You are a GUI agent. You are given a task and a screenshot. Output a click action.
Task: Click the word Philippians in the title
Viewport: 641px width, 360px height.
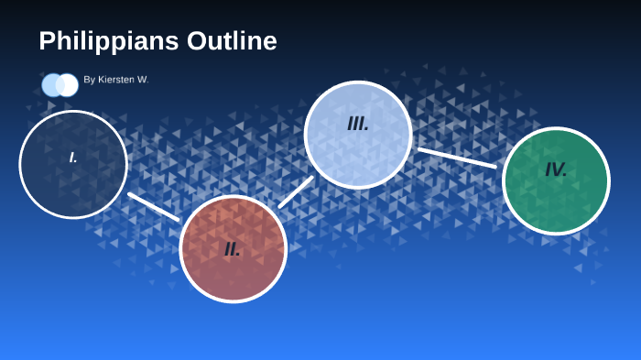(x=109, y=41)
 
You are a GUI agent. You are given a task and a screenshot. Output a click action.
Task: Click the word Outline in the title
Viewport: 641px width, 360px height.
(x=232, y=41)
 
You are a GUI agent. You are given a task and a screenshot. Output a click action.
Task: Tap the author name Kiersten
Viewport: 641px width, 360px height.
(x=115, y=80)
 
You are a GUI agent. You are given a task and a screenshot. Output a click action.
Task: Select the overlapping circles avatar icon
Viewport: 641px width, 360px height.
(x=60, y=85)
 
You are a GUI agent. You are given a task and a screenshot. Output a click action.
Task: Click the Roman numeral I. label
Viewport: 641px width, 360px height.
(x=73, y=158)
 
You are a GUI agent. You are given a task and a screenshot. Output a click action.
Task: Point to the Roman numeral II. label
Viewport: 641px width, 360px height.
(x=233, y=249)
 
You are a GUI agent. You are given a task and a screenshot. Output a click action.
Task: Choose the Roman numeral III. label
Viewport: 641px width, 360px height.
(x=358, y=124)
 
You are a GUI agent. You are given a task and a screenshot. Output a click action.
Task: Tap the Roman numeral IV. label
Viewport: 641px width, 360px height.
(x=556, y=169)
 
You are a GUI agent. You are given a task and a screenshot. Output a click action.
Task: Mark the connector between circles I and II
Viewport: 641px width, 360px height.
(x=154, y=206)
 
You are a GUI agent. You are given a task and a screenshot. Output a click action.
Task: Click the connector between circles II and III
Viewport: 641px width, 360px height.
(x=296, y=191)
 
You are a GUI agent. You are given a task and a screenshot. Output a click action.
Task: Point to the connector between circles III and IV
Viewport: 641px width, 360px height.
(x=457, y=158)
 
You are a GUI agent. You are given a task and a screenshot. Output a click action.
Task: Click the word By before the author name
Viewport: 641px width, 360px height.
(x=89, y=80)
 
